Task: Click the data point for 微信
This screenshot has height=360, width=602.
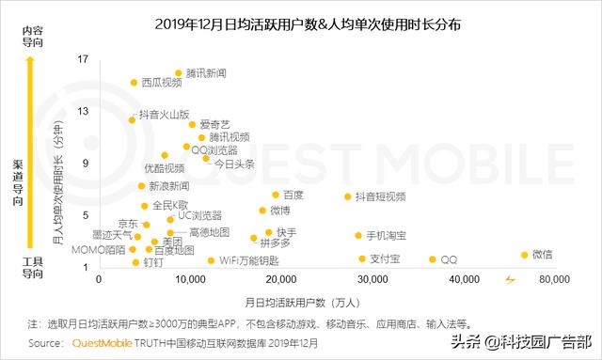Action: [x=525, y=255]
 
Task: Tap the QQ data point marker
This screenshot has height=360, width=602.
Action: [x=433, y=259]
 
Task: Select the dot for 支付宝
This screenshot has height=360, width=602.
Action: [x=362, y=258]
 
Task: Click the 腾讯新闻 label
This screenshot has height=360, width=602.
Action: [x=206, y=72]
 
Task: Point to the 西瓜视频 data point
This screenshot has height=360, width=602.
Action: [x=134, y=83]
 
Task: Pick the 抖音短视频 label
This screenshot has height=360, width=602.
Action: [x=380, y=196]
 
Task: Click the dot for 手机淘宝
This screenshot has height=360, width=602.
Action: [x=358, y=235]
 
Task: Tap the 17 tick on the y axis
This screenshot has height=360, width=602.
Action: [x=83, y=59]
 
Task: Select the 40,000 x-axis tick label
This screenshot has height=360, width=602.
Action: [x=462, y=280]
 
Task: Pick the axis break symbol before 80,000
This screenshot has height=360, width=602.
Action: [x=510, y=279]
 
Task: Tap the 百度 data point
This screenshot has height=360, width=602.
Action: [x=276, y=196]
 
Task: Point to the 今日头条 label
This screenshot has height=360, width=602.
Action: [x=235, y=164]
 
